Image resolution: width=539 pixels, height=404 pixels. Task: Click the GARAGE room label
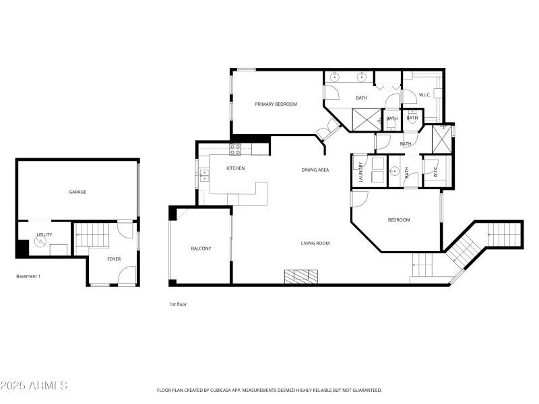pyautogui.click(x=77, y=192)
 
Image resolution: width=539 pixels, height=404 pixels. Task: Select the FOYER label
pyautogui.click(x=114, y=258)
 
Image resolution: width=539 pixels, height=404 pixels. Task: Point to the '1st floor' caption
pyautogui.click(x=178, y=304)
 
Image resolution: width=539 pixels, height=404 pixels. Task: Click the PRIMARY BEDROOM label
pyautogui.click(x=276, y=104)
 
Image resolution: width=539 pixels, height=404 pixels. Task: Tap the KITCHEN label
pyautogui.click(x=235, y=168)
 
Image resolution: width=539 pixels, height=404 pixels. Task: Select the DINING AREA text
pyautogui.click(x=315, y=170)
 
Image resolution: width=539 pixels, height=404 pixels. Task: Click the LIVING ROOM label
pyautogui.click(x=315, y=243)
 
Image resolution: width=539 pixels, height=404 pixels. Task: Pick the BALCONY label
pyautogui.click(x=201, y=248)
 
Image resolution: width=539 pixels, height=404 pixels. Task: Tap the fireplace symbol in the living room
pyautogui.click(x=300, y=275)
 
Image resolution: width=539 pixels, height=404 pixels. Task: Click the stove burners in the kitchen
pyautogui.click(x=236, y=149)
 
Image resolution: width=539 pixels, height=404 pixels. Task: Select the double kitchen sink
pyautogui.click(x=203, y=176)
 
